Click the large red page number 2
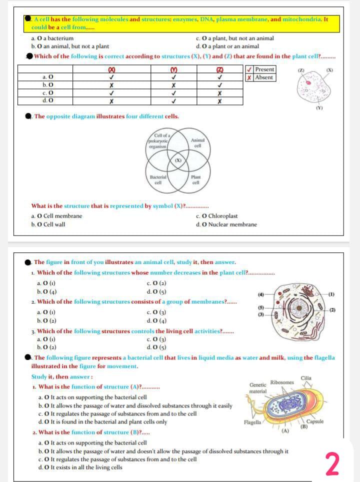pyautogui.click(x=332, y=463)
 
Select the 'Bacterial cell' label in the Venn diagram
pyautogui.click(x=155, y=179)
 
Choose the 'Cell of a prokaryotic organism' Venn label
pyautogui.click(x=159, y=137)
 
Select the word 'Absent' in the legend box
pyautogui.click(x=264, y=77)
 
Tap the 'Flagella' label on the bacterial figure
pyautogui.click(x=251, y=422)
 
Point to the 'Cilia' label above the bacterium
pyautogui.click(x=306, y=377)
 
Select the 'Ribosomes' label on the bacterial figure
pyautogui.click(x=282, y=382)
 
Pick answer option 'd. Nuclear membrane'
pyautogui.click(x=230, y=224)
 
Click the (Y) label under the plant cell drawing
pyautogui.click(x=317, y=108)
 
